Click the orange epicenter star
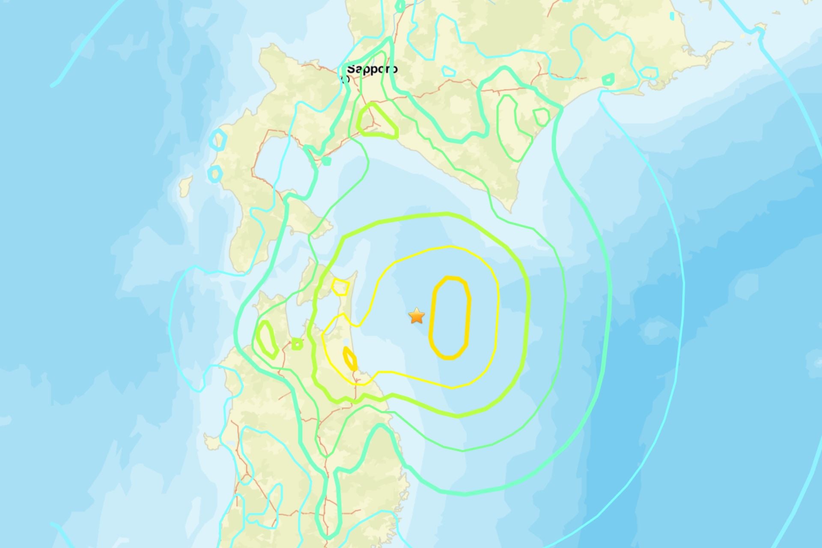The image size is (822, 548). click(416, 316)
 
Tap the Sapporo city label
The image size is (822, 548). click(372, 69)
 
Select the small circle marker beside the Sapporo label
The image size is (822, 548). click(345, 79)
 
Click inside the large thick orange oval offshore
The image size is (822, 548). click(450, 317)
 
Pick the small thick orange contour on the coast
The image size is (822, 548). click(350, 359)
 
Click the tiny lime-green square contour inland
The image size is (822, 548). click(297, 343)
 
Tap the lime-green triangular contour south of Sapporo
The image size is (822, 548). click(376, 122)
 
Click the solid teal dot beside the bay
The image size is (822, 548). click(327, 161)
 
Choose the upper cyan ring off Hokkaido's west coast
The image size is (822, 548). click(218, 140)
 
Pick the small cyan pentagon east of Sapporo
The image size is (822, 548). click(448, 71)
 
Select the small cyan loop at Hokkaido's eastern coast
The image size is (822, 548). click(649, 73)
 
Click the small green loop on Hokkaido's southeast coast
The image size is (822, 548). click(542, 117)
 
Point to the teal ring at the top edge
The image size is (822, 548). click(400, 6)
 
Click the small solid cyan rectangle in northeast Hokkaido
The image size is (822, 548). click(672, 16)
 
